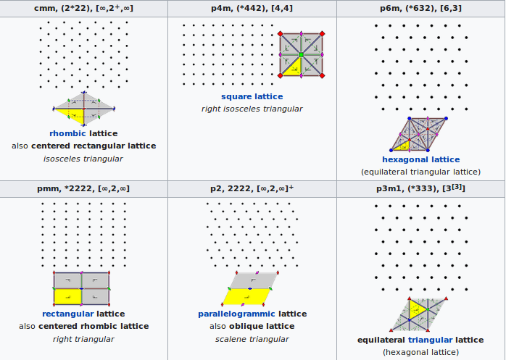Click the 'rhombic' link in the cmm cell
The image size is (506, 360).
(68, 133)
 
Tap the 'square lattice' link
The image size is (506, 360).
(252, 96)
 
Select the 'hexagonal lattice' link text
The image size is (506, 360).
(420, 159)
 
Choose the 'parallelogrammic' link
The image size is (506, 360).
(236, 314)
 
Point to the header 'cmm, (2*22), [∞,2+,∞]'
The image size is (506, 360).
(83, 8)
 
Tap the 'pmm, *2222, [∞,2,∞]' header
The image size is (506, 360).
(83, 188)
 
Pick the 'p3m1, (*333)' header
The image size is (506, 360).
(420, 188)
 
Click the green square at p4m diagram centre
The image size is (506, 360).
(301, 54)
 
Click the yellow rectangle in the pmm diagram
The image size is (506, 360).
(67, 296)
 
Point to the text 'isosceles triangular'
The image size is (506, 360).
(83, 159)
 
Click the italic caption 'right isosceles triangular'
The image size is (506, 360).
(252, 109)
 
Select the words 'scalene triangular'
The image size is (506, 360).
(252, 339)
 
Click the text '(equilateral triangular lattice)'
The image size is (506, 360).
(420, 172)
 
